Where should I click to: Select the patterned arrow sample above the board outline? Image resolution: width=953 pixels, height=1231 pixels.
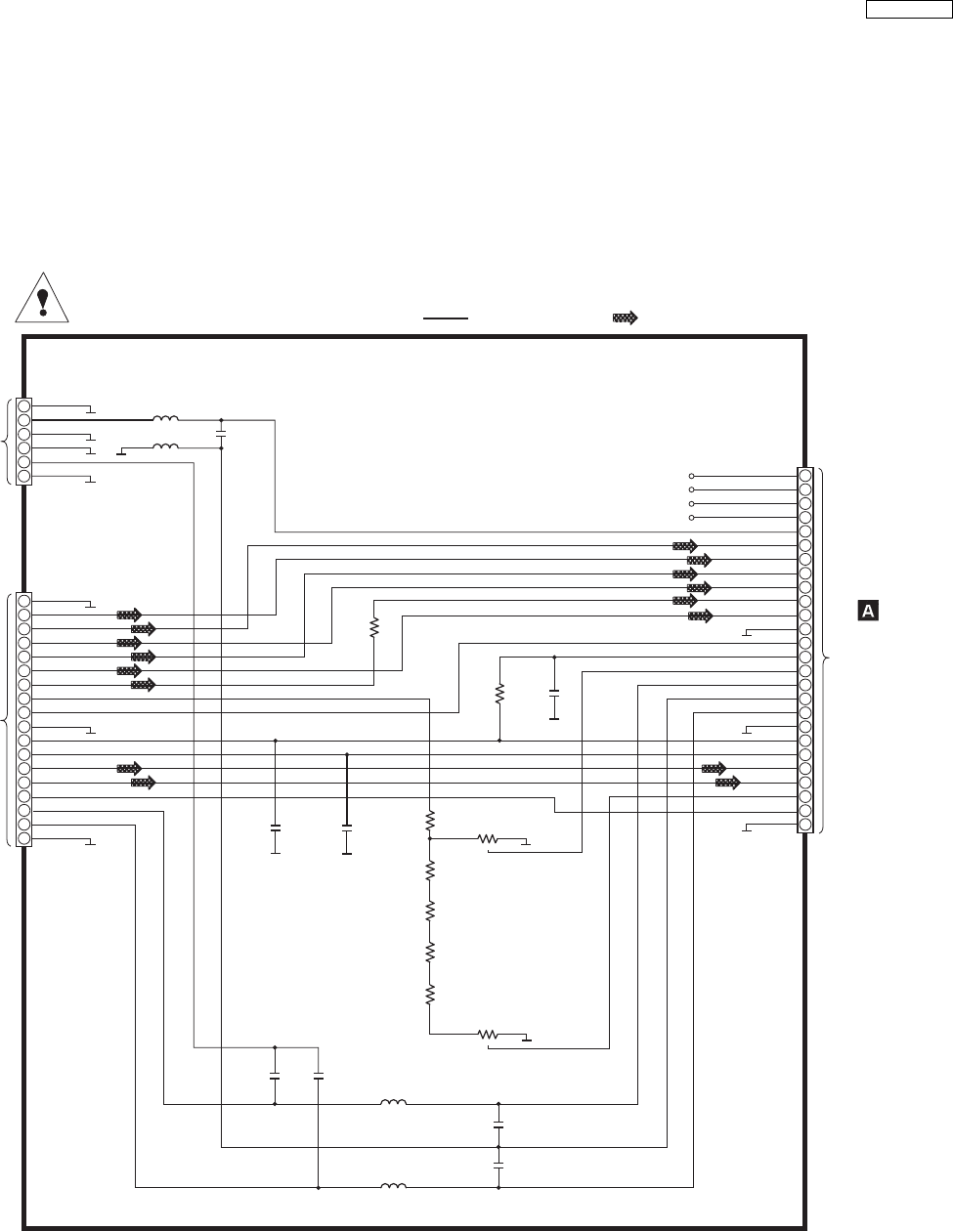(x=625, y=318)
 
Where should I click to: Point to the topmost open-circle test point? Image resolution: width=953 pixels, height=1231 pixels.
(x=692, y=476)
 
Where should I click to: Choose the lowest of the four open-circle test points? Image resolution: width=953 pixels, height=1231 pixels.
(x=692, y=517)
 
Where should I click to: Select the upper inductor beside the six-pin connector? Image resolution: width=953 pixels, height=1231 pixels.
(x=165, y=419)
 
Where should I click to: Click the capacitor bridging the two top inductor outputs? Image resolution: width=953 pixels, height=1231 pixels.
(x=222, y=431)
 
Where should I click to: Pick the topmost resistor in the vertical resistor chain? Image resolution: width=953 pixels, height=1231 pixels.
(x=429, y=823)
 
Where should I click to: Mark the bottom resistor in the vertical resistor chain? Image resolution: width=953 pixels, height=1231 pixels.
(x=429, y=996)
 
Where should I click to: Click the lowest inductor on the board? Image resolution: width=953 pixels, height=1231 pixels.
(x=393, y=1187)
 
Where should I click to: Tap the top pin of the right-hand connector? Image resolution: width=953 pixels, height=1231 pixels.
(x=804, y=476)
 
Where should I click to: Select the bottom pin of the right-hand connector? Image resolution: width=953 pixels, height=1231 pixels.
(x=804, y=825)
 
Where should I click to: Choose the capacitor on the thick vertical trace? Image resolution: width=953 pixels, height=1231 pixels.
(x=346, y=828)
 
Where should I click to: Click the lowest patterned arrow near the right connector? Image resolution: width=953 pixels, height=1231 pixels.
(x=727, y=783)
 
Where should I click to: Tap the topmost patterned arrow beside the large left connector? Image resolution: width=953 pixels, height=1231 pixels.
(x=129, y=615)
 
